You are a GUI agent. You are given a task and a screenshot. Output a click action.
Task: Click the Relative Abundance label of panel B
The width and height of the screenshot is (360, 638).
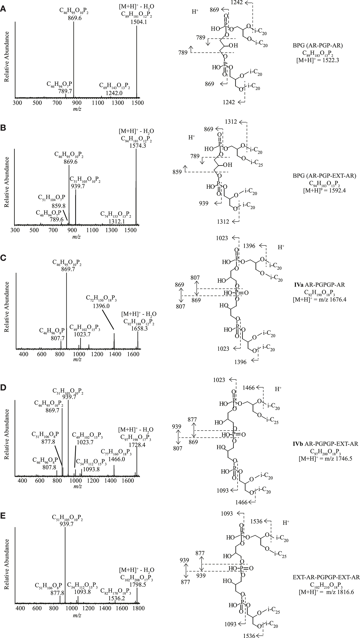pos(7,182)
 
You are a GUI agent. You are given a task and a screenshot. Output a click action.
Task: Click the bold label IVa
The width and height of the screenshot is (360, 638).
pos(298,285)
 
